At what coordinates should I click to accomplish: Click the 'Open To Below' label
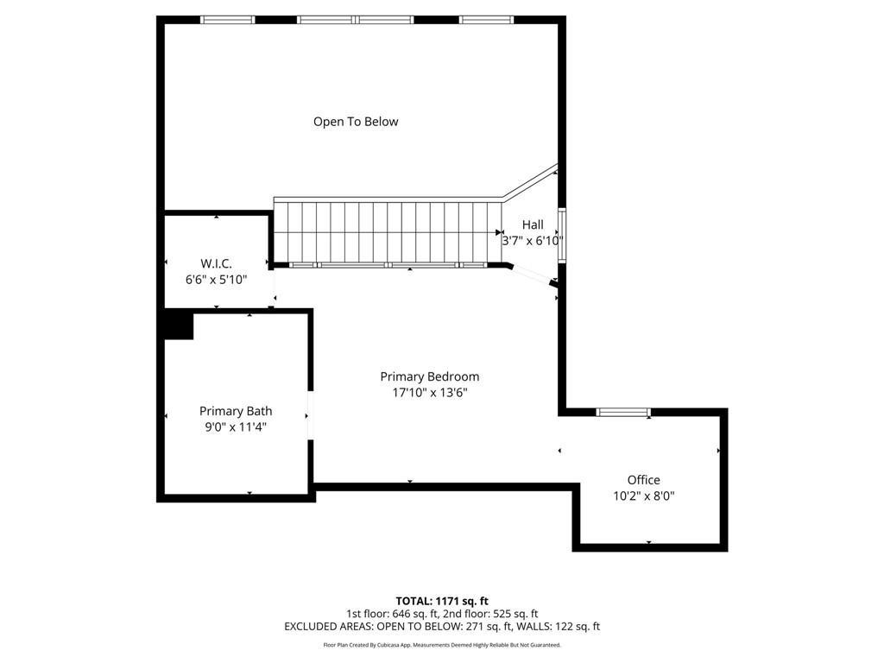(356, 122)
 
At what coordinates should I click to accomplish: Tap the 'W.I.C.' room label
(216, 263)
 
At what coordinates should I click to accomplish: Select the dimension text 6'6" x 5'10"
(216, 280)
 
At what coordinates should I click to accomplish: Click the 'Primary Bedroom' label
(429, 376)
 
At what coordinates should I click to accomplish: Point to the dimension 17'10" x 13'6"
(429, 393)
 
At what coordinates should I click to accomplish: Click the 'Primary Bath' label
(236, 411)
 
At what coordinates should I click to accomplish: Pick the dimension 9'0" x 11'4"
(236, 426)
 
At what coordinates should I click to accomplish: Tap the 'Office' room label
(643, 480)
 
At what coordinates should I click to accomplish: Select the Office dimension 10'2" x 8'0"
(643, 496)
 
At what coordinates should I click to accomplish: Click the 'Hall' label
(533, 224)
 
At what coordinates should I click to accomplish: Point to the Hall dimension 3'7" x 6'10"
(533, 242)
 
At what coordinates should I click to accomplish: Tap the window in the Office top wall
(623, 412)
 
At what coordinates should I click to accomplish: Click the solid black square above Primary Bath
(179, 326)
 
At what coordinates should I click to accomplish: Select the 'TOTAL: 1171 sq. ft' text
(442, 601)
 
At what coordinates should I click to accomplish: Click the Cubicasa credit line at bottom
(442, 645)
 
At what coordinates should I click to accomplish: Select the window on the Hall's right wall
(561, 234)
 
